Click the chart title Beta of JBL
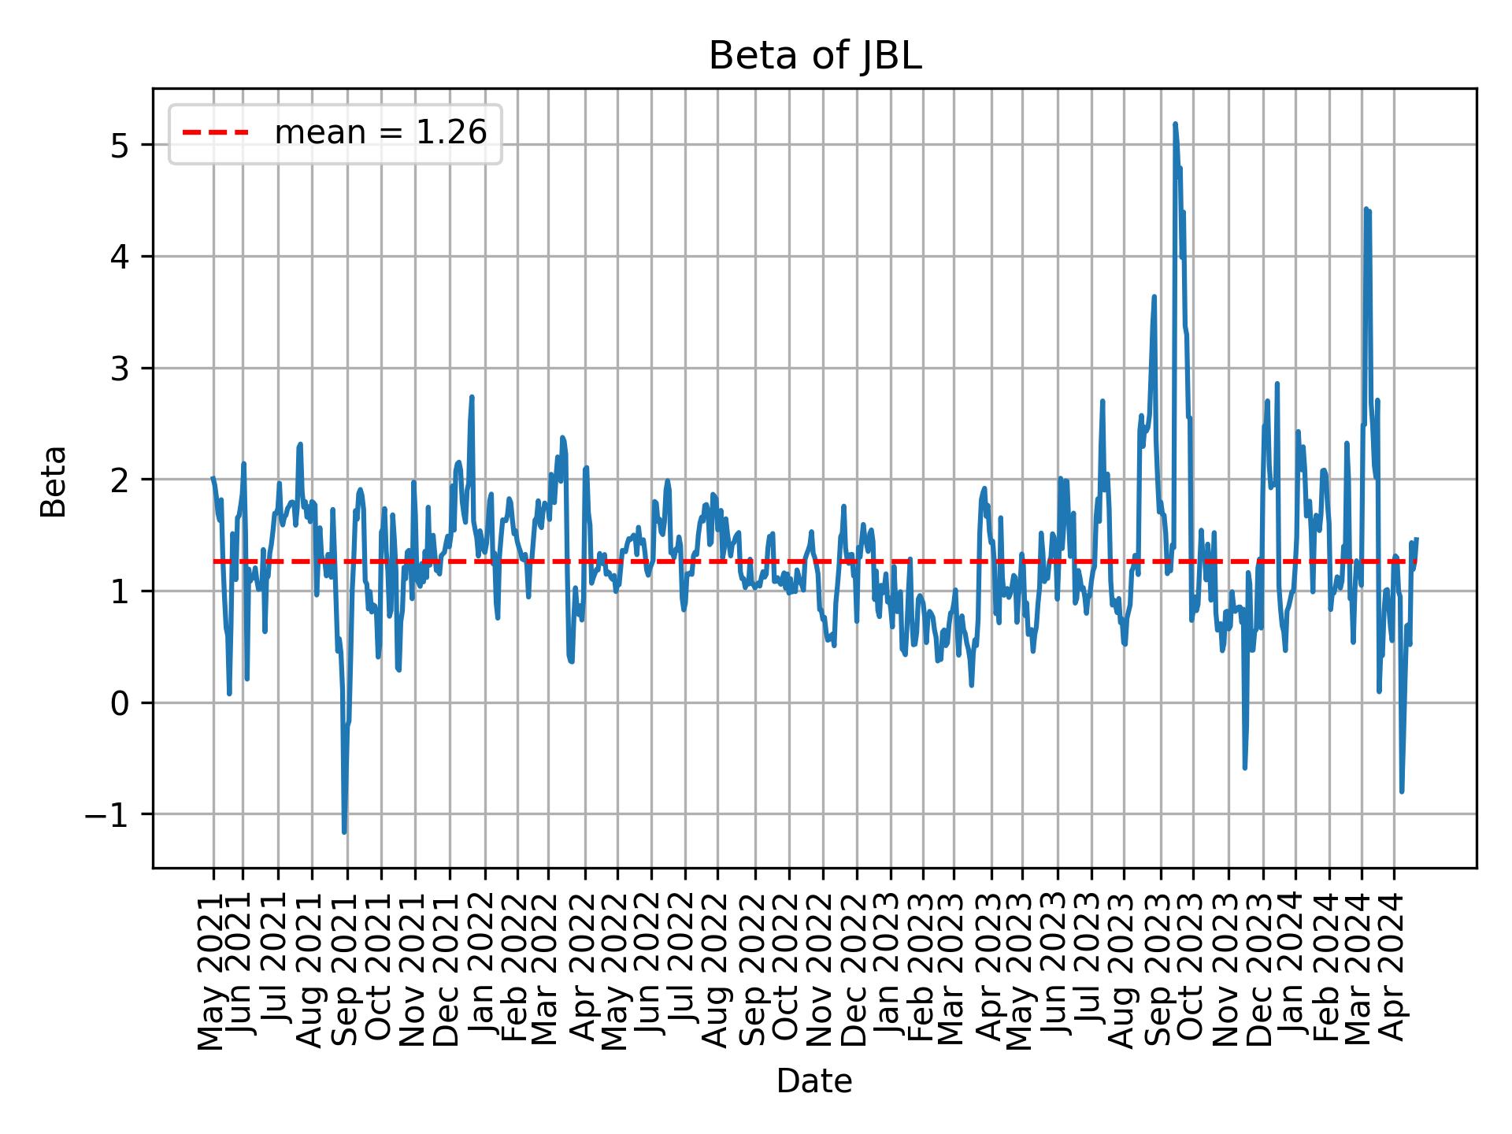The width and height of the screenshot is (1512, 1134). point(814,57)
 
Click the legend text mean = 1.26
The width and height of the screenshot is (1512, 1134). point(380,133)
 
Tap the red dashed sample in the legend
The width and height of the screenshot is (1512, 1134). point(215,133)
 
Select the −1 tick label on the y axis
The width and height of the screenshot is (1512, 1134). point(106,814)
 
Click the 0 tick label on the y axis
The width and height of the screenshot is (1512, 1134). point(120,703)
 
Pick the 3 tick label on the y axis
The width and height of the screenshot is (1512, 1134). point(120,369)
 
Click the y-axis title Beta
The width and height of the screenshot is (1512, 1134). point(54,481)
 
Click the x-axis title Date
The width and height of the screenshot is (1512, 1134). point(814,1081)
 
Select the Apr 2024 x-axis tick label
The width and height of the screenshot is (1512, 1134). point(1394,967)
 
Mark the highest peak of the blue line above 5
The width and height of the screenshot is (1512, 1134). point(1175,124)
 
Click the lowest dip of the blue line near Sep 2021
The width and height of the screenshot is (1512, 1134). point(344,832)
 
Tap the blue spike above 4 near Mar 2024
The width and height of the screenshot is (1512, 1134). point(1366,209)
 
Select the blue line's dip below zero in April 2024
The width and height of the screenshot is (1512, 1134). point(1402,791)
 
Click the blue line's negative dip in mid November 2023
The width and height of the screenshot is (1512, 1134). point(1244,768)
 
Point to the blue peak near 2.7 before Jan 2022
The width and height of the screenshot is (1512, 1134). point(472,397)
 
